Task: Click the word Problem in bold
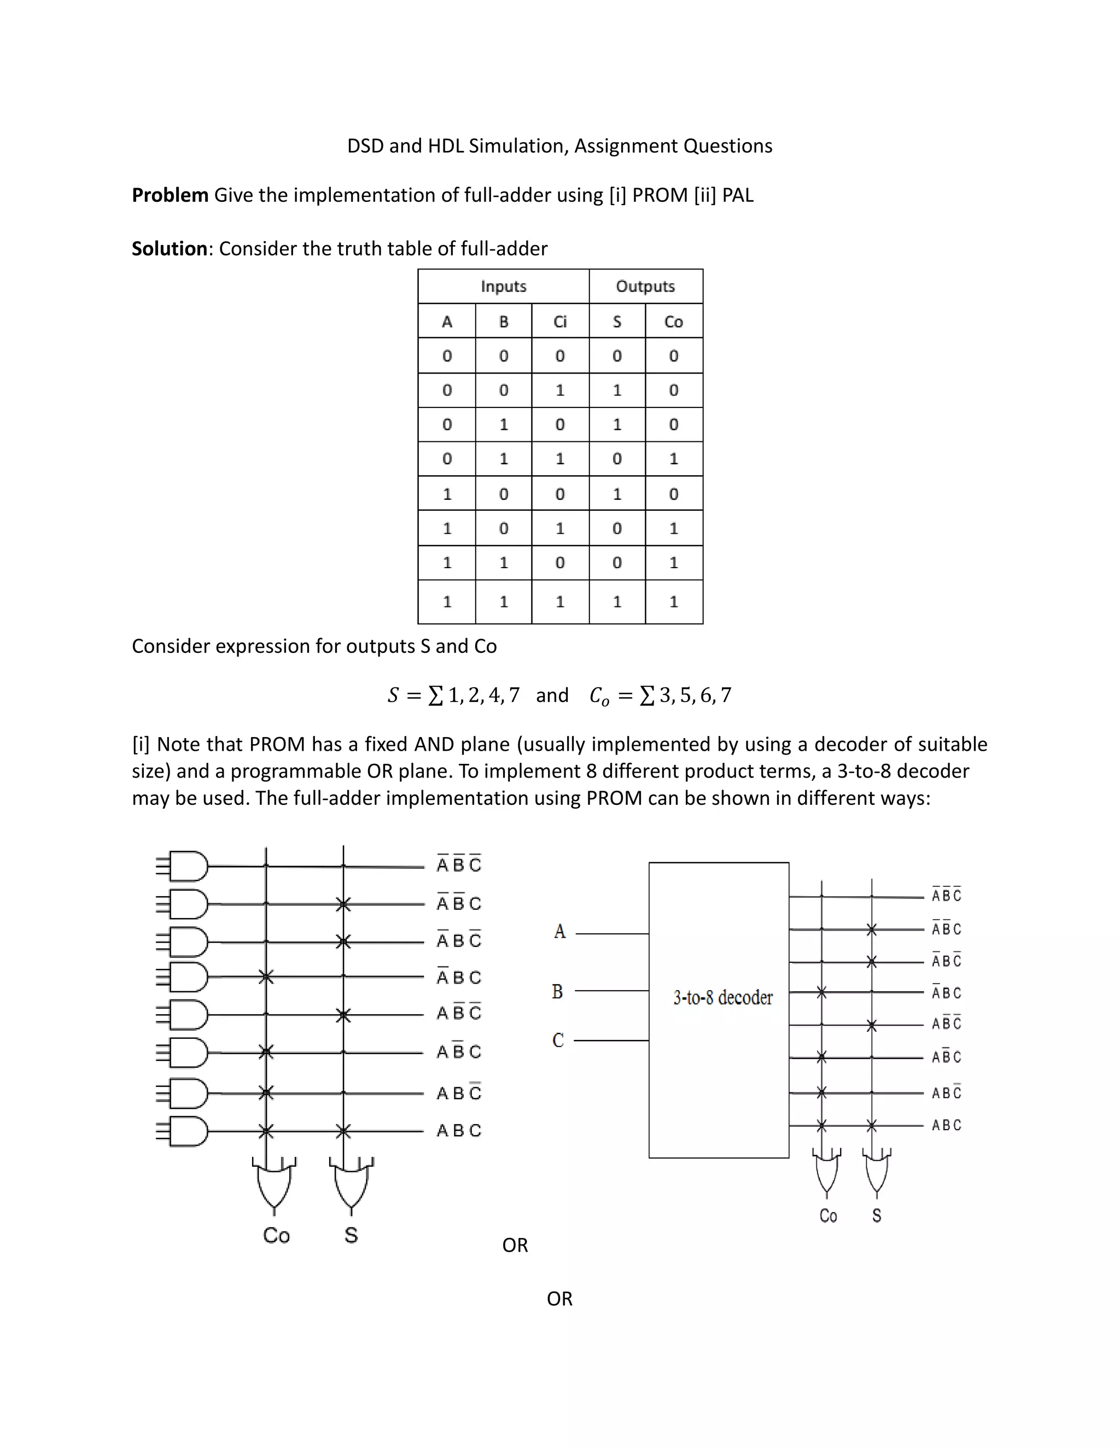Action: click(x=170, y=195)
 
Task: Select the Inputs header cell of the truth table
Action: click(x=504, y=287)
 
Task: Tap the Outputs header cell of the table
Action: click(x=645, y=287)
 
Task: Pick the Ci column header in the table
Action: click(x=560, y=322)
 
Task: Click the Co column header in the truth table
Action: click(x=673, y=322)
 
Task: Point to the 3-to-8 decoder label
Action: click(x=722, y=998)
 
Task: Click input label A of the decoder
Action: click(x=560, y=932)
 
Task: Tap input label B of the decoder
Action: click(x=557, y=992)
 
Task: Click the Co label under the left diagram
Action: click(x=276, y=1235)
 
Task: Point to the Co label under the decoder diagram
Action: click(x=828, y=1216)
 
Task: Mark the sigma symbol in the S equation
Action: click(x=435, y=696)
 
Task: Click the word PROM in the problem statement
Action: click(x=660, y=195)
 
